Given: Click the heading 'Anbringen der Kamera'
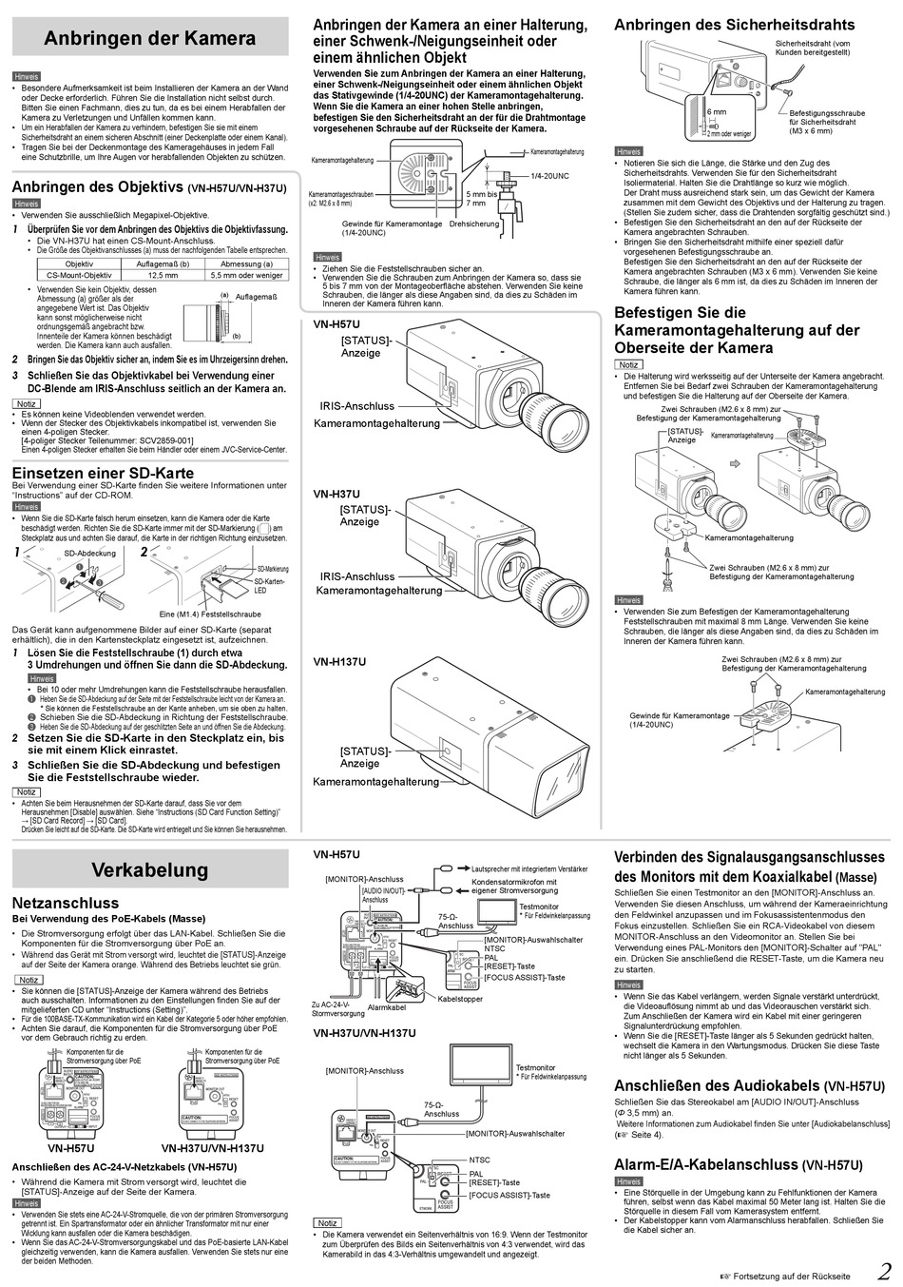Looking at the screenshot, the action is click(150, 39).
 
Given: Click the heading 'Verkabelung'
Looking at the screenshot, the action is click(150, 869).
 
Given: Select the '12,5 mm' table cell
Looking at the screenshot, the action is click(163, 275).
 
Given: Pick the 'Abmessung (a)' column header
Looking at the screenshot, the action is click(246, 263).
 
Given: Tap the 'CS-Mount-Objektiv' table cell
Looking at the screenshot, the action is click(80, 275).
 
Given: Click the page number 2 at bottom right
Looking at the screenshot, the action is click(883, 1272).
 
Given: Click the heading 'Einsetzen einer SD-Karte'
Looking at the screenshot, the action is click(103, 473).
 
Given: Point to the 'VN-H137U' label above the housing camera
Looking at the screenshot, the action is click(339, 661).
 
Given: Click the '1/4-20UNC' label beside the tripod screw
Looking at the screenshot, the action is click(549, 176).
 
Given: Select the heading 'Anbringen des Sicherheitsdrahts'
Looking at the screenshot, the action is click(734, 25).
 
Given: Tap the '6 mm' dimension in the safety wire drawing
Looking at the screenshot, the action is click(716, 112).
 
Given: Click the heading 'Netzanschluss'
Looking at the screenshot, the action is click(66, 903).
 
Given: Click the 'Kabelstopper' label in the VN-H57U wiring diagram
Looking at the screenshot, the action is click(460, 999).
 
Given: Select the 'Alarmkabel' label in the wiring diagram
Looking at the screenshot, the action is click(387, 1006).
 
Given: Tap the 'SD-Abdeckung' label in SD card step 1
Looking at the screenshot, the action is click(89, 553).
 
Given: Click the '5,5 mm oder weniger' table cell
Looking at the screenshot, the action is click(246, 275).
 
